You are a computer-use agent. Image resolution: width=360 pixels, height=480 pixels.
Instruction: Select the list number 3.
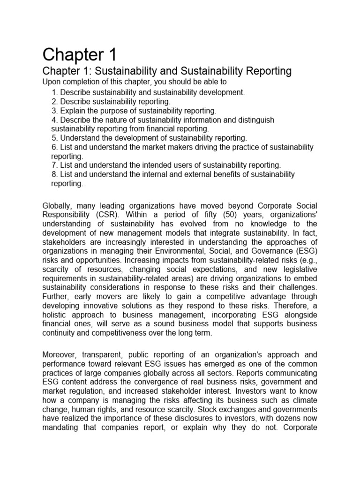click(54, 111)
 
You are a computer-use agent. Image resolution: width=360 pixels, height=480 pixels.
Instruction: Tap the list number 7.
click(54, 165)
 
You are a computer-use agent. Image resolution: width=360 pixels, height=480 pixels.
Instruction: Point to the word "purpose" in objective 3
click(107, 111)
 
